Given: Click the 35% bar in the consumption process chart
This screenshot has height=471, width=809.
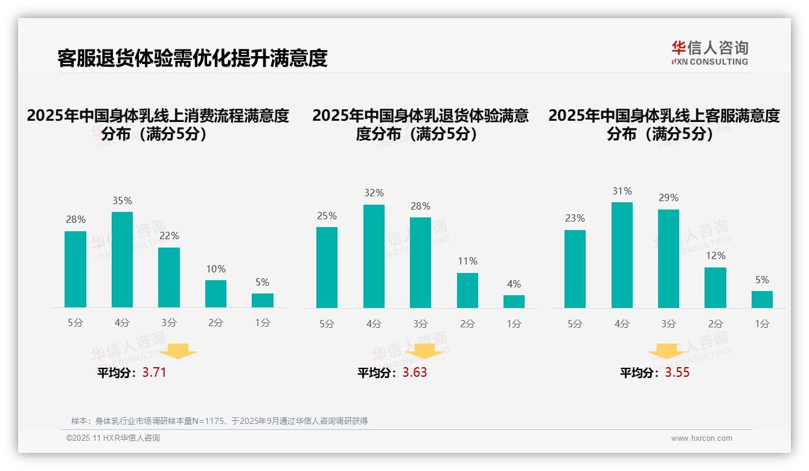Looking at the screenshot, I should (x=122, y=260).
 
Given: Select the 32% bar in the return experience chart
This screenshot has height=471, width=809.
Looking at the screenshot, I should (x=374, y=257).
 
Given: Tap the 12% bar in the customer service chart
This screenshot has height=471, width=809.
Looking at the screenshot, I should (x=715, y=287).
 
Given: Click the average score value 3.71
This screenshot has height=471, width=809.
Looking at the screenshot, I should (x=154, y=373).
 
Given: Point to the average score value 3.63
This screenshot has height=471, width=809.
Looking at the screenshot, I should (x=415, y=373).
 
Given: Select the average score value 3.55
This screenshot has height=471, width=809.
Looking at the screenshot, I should (x=677, y=373).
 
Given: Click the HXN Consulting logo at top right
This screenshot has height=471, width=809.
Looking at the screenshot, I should (x=709, y=53).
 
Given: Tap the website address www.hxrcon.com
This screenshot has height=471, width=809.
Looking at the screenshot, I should (x=702, y=438).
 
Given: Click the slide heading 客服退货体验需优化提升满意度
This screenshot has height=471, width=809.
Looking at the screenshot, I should (x=193, y=58).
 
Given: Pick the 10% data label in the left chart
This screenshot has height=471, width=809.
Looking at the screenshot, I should (x=216, y=269).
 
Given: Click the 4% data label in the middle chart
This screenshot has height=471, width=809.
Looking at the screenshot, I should (x=514, y=284).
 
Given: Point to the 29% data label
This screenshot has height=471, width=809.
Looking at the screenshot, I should (x=668, y=197).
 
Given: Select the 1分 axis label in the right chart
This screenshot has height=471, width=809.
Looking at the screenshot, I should (x=762, y=324).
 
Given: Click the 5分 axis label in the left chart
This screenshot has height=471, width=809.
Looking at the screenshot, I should (x=75, y=322).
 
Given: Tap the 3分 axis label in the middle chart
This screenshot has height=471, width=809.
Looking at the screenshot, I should (x=420, y=324).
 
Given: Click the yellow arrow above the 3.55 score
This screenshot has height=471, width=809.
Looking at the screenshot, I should (x=667, y=354).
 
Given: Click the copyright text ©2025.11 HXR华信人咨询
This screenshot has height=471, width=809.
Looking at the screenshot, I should (x=113, y=438).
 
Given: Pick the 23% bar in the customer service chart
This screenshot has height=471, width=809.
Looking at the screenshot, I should (x=575, y=269).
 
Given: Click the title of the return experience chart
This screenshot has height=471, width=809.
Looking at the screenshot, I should (x=420, y=124).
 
